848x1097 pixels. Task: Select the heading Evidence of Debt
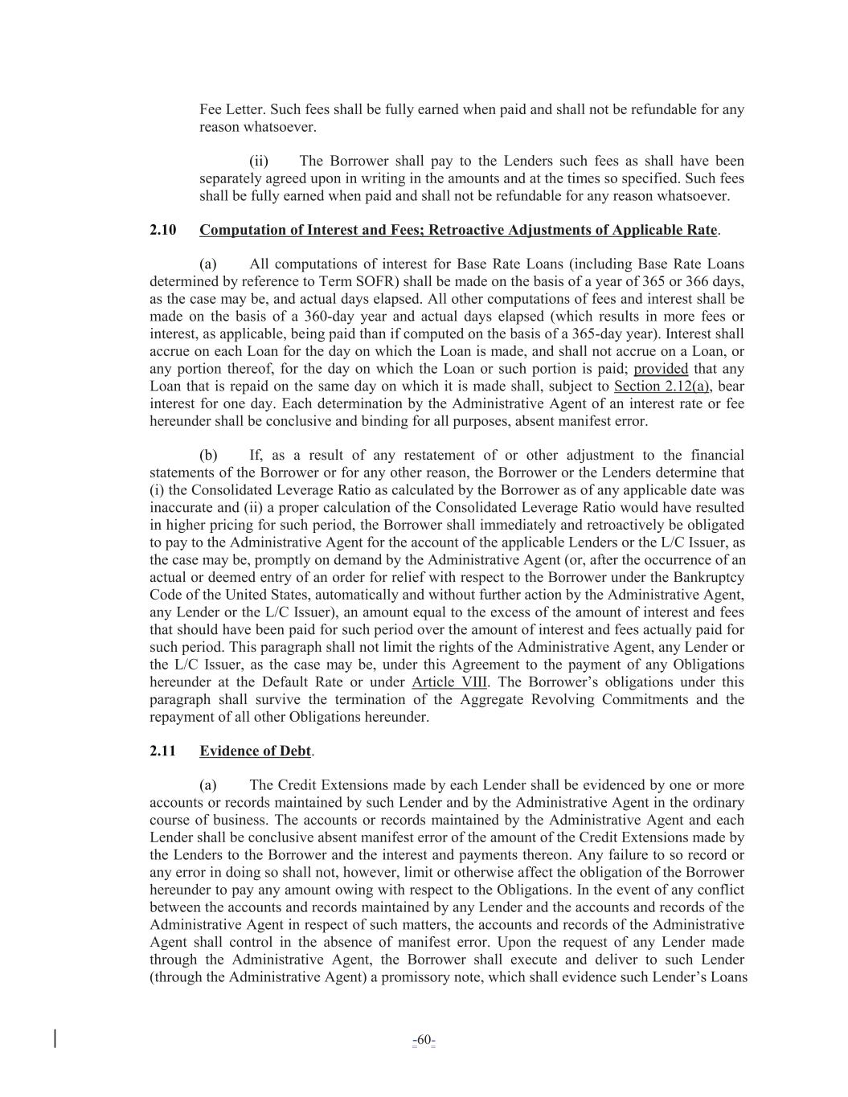pyautogui.click(x=255, y=751)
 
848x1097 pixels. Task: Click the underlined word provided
pyautogui.click(x=661, y=369)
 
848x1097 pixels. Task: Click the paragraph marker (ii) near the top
pyautogui.click(x=258, y=161)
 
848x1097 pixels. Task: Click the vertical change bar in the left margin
pyautogui.click(x=55, y=1038)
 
